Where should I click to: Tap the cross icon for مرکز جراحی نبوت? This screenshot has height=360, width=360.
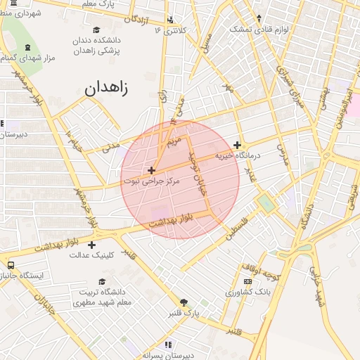(151, 170)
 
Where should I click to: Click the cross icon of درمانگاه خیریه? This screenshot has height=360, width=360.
(238, 145)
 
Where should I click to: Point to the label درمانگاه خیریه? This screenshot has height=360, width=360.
(238, 155)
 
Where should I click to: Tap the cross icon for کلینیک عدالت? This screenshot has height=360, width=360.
(91, 245)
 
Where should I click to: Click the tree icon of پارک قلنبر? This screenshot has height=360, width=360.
(184, 302)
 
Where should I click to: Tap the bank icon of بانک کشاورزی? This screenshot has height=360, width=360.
(247, 281)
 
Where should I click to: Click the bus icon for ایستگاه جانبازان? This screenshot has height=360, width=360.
(11, 265)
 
